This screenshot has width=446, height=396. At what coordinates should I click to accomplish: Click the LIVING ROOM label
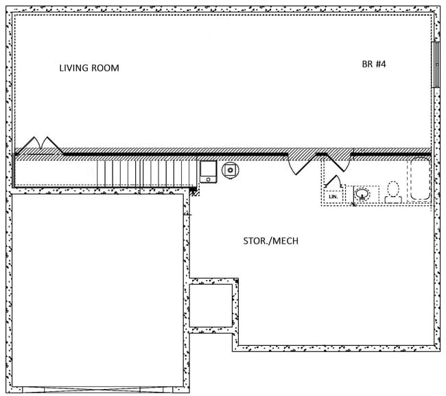(x=89, y=68)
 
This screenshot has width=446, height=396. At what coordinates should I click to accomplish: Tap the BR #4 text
(x=375, y=64)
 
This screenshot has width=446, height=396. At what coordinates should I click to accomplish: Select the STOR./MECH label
(x=270, y=242)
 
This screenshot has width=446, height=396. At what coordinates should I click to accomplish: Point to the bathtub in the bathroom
(x=419, y=180)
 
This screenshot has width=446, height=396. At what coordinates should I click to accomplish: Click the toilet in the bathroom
(x=393, y=191)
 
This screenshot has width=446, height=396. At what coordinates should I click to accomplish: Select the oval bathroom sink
(x=363, y=194)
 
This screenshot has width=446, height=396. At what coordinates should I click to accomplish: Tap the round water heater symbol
(x=231, y=169)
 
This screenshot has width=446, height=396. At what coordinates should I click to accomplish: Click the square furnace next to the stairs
(x=208, y=170)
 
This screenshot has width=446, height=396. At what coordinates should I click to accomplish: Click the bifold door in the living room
(x=40, y=145)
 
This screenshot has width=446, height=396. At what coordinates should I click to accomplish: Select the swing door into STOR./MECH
(x=301, y=164)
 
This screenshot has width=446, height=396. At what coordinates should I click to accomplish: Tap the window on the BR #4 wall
(x=434, y=65)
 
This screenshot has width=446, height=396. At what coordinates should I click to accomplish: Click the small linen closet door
(x=334, y=182)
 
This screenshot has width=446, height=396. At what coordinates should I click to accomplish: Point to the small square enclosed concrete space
(x=211, y=305)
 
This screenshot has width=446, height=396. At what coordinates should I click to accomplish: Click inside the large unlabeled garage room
(x=96, y=288)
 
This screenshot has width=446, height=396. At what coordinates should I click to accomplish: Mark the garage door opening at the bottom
(x=96, y=390)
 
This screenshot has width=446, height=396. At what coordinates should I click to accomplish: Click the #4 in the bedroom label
(x=383, y=64)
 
